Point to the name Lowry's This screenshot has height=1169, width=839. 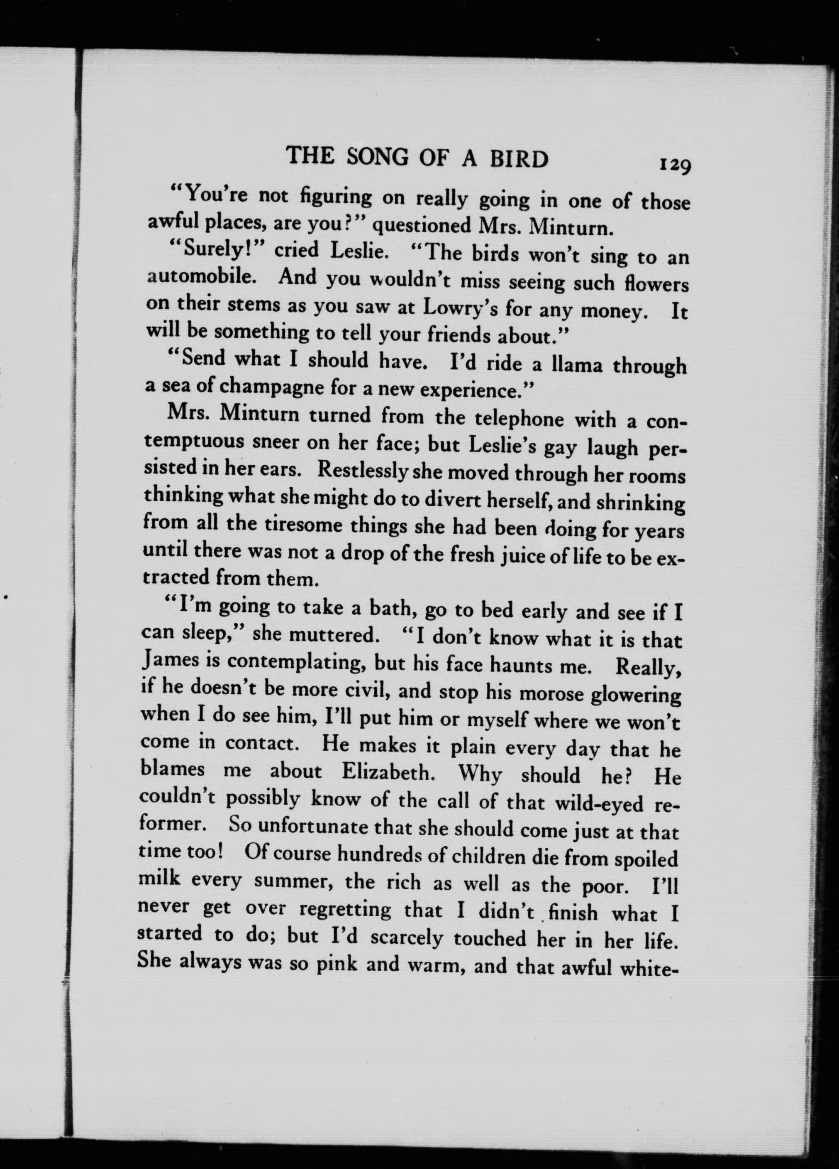coord(460,308)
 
